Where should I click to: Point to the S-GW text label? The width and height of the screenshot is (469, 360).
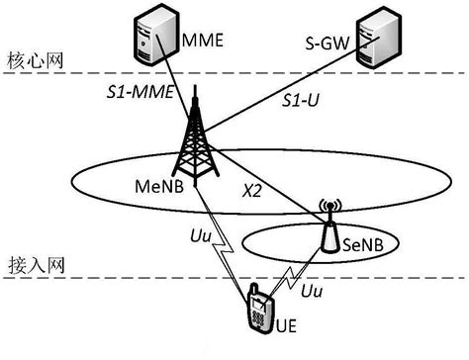pyautogui.click(x=328, y=43)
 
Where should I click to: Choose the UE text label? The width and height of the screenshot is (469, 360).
pyautogui.click(x=285, y=325)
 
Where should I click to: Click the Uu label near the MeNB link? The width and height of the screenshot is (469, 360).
pyautogui.click(x=198, y=238)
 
